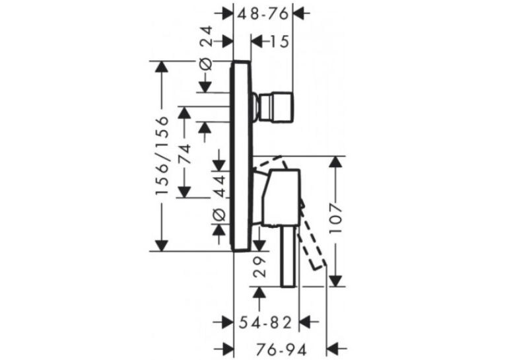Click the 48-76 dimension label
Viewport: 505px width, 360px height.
pyautogui.click(x=263, y=14)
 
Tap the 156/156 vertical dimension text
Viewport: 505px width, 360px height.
pyautogui.click(x=162, y=156)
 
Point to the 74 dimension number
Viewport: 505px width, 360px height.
pyautogui.click(x=185, y=155)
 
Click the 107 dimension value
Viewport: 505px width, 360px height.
pyautogui.click(x=336, y=219)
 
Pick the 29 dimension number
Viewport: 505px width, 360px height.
pyautogui.click(x=260, y=267)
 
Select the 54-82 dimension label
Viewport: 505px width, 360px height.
pyautogui.click(x=265, y=322)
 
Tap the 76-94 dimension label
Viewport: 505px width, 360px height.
pyautogui.click(x=281, y=349)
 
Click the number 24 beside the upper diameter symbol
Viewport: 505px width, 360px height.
pyautogui.click(x=206, y=36)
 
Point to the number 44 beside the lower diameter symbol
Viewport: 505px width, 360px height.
pyautogui.click(x=220, y=187)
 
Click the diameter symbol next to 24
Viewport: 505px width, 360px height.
pyautogui.click(x=206, y=64)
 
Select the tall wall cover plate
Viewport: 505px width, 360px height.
pyautogui.click(x=240, y=156)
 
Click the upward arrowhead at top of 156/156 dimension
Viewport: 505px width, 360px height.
pyautogui.click(x=161, y=68)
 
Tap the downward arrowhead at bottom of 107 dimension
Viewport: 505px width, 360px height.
pyautogui.click(x=336, y=279)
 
